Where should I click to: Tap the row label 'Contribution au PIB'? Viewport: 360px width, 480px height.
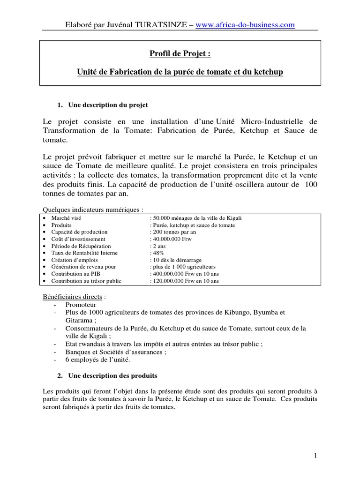click(75, 274)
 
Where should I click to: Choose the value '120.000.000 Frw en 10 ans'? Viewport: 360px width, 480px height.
click(184, 281)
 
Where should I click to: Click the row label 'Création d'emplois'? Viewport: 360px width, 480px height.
click(73, 260)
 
